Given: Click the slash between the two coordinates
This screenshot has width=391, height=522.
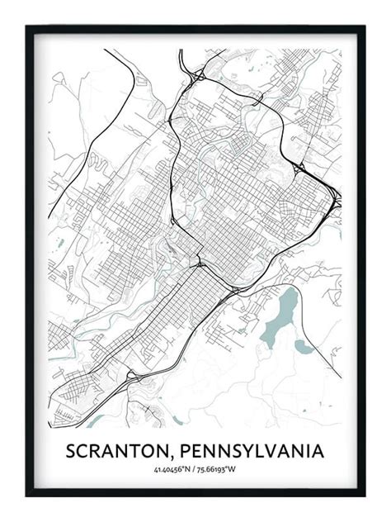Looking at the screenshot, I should click(195, 471).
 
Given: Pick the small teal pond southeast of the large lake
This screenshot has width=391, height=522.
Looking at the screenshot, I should click(304, 348).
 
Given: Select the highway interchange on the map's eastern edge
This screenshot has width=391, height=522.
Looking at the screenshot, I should click(334, 199).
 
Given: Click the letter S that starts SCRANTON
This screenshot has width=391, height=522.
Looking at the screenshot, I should click(72, 452).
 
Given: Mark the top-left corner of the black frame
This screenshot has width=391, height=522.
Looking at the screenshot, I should click(27, 27).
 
